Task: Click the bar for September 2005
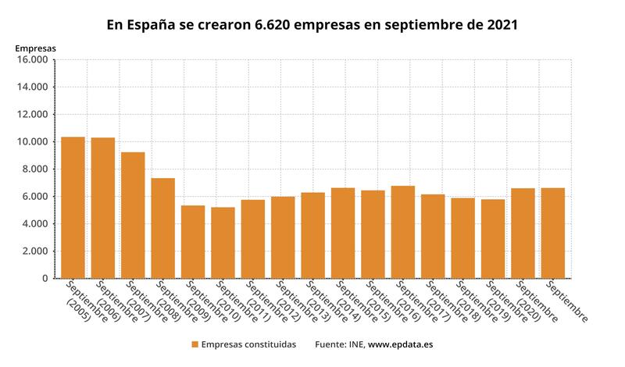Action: click(x=73, y=208)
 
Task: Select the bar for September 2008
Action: click(x=162, y=228)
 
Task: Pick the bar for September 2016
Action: click(x=402, y=232)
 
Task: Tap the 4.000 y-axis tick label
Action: click(x=35, y=224)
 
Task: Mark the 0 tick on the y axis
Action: click(x=45, y=279)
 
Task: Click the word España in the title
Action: click(x=151, y=24)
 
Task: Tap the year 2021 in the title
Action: click(x=501, y=24)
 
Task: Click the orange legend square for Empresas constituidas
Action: click(x=194, y=344)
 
